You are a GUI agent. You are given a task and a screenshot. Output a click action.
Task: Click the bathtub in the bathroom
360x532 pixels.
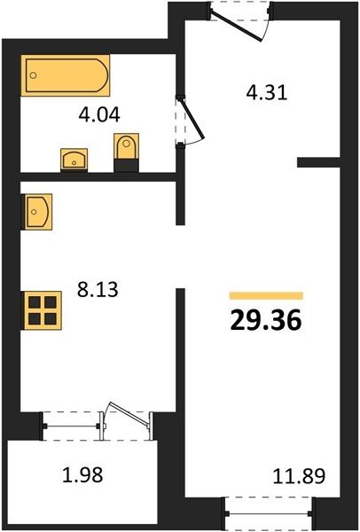click(65, 75)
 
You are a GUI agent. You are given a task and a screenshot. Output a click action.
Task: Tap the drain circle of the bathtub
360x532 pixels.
click(33, 75)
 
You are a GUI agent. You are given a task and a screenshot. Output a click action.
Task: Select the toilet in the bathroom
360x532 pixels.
click(126, 153)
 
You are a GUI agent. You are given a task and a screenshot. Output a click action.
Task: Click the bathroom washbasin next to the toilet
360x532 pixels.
click(74, 160)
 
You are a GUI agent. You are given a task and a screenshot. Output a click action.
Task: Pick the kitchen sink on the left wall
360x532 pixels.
click(36, 212)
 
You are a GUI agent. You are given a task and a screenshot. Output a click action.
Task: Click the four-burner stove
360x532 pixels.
click(42, 310)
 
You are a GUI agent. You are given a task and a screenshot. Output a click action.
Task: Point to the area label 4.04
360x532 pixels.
click(99, 114)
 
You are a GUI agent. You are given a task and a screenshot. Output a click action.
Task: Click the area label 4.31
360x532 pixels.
click(267, 92)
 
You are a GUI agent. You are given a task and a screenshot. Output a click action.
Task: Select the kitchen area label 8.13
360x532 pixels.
click(98, 290)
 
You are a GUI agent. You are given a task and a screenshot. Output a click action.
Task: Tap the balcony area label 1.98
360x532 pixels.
click(82, 475)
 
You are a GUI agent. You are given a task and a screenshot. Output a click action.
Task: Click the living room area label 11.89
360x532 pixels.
click(300, 476)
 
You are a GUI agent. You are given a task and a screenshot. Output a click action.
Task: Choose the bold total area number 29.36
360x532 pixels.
click(266, 321)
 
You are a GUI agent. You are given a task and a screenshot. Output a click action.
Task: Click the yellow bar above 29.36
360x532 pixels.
click(266, 296)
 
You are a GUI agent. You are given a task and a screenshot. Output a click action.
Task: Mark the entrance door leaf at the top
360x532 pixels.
click(236, 27)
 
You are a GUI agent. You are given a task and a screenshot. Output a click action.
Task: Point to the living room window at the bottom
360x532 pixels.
click(268, 513)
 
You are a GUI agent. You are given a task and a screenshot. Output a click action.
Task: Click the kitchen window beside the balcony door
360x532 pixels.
click(71, 426)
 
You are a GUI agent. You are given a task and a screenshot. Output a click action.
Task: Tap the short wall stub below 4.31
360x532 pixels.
click(318, 162)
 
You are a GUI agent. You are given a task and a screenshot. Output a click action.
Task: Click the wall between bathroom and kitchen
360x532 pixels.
click(98, 176)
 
